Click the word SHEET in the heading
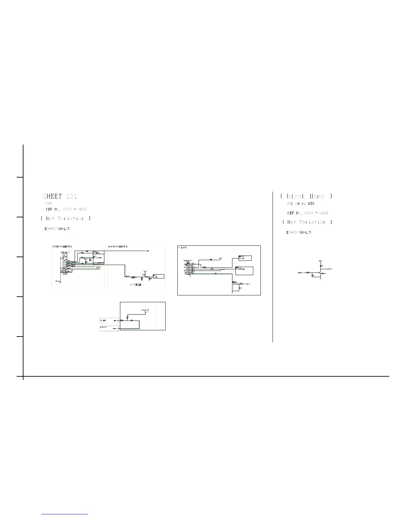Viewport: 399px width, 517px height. pyautogui.click(x=52, y=196)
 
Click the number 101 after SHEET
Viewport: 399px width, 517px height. pyautogui.click(x=71, y=196)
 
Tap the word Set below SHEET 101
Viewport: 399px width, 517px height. pyautogui.click(x=49, y=203)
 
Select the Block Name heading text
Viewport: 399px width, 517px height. pyautogui.click(x=306, y=196)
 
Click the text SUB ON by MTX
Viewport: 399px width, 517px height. pyautogui.click(x=300, y=204)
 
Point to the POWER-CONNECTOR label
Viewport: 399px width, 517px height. pyautogui.click(x=62, y=247)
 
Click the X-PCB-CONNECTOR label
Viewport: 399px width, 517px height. pyautogui.click(x=118, y=247)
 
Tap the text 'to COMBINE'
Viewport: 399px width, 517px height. pyautogui.click(x=135, y=285)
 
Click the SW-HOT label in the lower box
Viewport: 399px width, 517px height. pyautogui.click(x=145, y=310)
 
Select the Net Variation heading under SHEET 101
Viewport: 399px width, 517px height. pyautogui.click(x=66, y=218)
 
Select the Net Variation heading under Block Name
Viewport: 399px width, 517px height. pyautogui.click(x=307, y=222)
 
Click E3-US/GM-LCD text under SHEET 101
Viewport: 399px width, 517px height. pyautogui.click(x=57, y=229)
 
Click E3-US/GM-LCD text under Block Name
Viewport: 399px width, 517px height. pyautogui.click(x=299, y=232)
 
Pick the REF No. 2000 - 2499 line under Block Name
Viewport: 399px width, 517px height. pyautogui.click(x=307, y=213)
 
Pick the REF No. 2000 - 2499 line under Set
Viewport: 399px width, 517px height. pyautogui.click(x=66, y=209)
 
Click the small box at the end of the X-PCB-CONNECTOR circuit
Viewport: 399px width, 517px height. pyautogui.click(x=158, y=276)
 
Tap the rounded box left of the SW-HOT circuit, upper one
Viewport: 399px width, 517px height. pyautogui.click(x=109, y=321)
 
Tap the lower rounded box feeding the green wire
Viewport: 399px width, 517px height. pyautogui.click(x=109, y=328)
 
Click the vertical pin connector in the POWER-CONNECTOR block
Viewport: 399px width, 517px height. pyautogui.click(x=65, y=264)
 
